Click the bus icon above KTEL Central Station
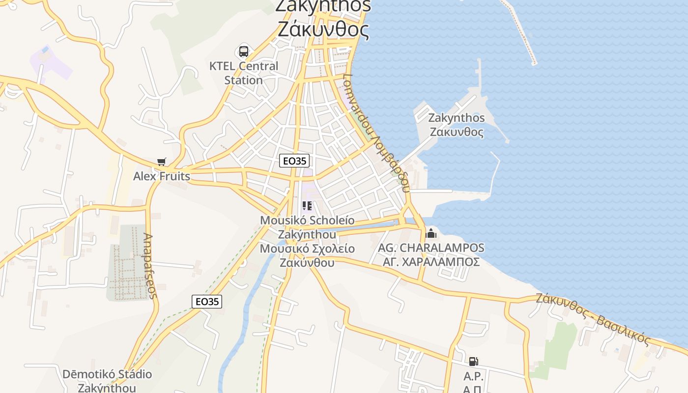point(243,51)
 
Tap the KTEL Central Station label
point(244,73)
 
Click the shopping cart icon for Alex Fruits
point(161,162)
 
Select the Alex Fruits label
point(161,176)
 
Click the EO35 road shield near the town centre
point(294,161)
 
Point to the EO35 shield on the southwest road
point(207,302)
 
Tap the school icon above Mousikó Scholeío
point(307,206)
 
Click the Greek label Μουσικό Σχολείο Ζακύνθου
point(307,255)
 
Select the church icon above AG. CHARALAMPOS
point(431,233)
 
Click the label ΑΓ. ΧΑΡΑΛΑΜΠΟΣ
point(431,262)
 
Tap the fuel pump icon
point(473,362)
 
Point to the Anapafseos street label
point(150,265)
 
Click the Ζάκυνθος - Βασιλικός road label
point(593,319)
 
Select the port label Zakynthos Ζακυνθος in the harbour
point(457,125)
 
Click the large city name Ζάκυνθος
point(323,29)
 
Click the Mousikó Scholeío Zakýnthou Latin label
point(307,227)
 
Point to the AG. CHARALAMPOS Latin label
point(431,248)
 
